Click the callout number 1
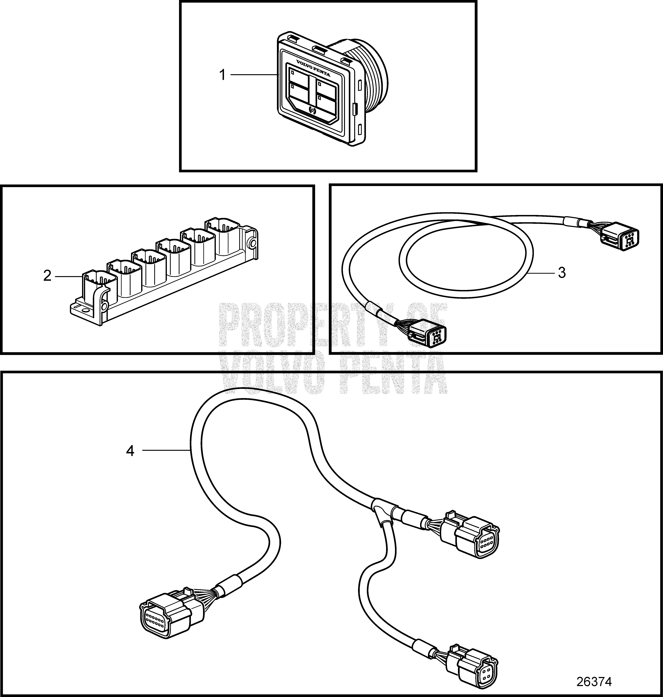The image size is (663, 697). [x=223, y=75]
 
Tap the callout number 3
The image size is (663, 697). [x=562, y=273]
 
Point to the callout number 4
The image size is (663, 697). [x=130, y=451]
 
